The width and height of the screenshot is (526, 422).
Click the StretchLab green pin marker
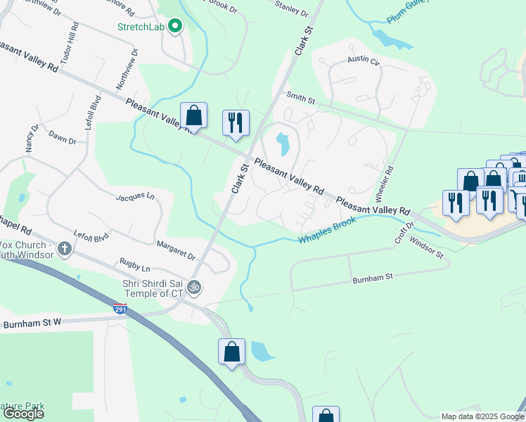pos(175,27)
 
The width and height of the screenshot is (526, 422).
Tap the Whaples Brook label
pos(327,230)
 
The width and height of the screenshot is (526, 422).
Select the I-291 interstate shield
pos(120,308)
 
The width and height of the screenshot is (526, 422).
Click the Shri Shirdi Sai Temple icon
pos(196,286)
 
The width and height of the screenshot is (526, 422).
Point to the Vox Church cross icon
pos(65,248)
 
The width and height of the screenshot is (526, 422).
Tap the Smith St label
pos(300,98)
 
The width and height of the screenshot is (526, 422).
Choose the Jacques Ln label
pos(134,196)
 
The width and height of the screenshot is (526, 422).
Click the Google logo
pos(24,413)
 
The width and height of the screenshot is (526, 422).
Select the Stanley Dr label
pos(291,11)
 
